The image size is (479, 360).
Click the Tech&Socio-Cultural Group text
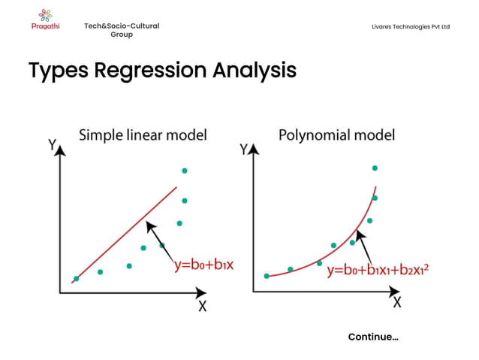(122, 30)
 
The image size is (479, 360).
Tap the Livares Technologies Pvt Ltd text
(410, 26)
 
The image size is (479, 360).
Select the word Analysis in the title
(254, 71)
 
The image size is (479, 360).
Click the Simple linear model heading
(143, 135)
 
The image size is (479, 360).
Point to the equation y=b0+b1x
(204, 265)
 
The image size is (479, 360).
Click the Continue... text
(373, 337)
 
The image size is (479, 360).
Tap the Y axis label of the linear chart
(52, 145)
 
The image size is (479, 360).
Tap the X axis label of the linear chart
(202, 306)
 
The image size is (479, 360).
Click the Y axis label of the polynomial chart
(244, 149)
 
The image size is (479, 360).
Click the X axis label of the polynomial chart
(396, 302)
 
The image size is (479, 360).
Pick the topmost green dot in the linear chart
(185, 171)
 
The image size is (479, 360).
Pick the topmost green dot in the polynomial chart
(375, 168)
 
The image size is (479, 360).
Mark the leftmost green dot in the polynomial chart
(267, 276)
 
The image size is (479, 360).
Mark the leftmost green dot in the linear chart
(76, 278)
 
